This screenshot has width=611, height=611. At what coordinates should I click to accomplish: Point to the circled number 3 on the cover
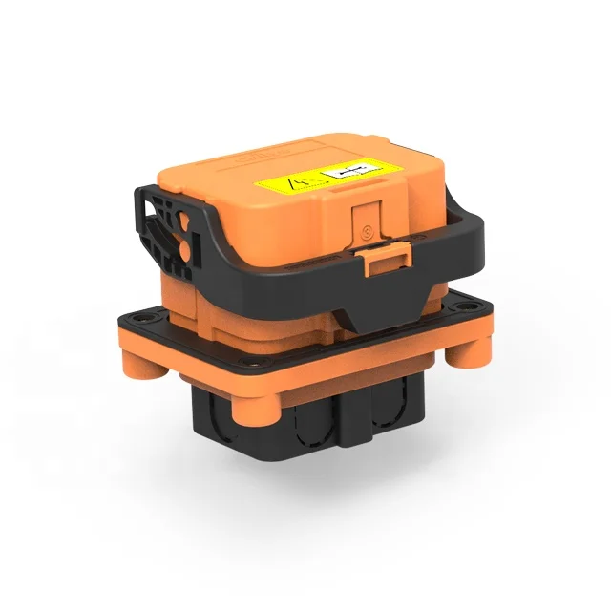pos(366,230)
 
